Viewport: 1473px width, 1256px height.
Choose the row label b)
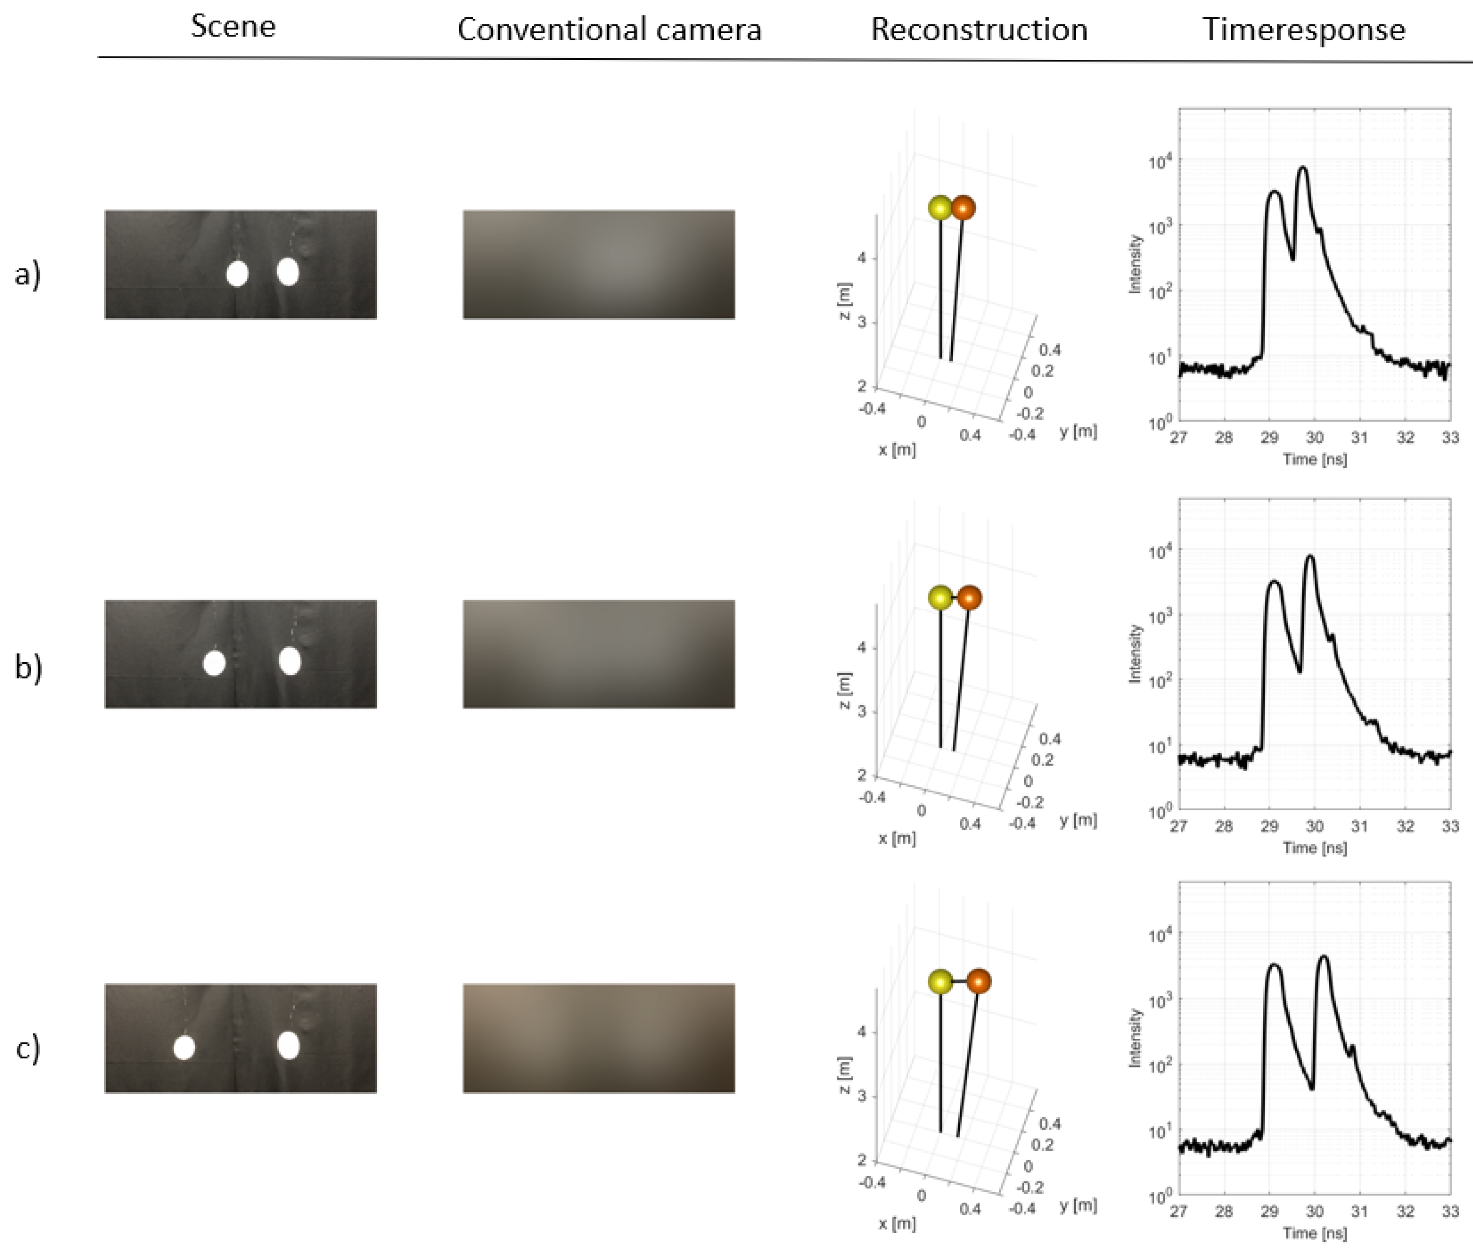coord(28,667)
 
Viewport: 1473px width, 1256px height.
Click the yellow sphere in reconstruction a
coord(940,208)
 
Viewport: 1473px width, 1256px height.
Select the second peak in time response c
coord(1323,957)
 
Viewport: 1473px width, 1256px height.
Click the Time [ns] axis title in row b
coord(1314,847)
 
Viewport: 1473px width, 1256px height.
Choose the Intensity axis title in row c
coord(1135,1038)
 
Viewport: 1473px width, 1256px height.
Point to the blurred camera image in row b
coord(599,654)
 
